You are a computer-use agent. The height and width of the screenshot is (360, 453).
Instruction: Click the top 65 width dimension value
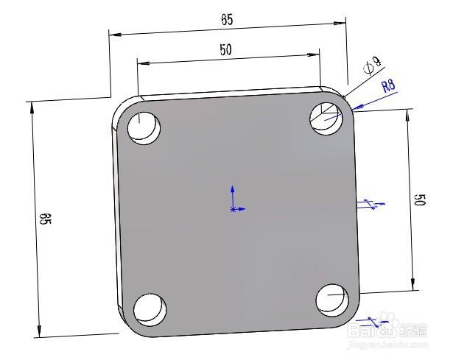coord(227,20)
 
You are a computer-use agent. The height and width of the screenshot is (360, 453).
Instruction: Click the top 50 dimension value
coord(225,49)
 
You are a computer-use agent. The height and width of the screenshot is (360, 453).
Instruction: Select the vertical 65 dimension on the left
coord(45,219)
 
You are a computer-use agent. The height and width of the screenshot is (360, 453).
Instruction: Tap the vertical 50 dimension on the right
coord(420,200)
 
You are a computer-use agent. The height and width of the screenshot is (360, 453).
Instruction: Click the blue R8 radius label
coord(388,86)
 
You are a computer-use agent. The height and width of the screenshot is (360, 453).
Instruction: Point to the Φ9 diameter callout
coord(373,66)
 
